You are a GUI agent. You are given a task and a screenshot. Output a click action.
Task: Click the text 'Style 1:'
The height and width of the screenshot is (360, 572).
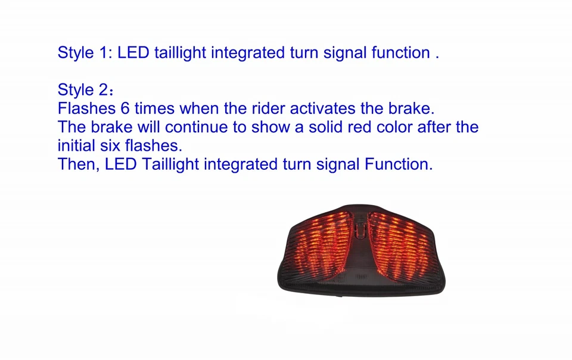tap(85, 53)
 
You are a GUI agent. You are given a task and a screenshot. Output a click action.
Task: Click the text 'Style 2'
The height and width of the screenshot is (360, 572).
tap(83, 90)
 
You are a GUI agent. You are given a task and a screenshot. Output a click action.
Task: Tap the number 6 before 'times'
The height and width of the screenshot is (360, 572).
tap(125, 108)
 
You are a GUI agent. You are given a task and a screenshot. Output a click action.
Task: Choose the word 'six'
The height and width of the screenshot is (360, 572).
tap(110, 145)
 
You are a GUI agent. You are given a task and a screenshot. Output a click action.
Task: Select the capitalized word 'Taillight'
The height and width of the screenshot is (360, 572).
tap(170, 164)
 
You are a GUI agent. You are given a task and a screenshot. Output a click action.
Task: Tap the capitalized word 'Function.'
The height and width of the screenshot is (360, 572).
tap(399, 164)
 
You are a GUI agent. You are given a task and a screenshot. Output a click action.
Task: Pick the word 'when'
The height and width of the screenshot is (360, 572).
tap(199, 108)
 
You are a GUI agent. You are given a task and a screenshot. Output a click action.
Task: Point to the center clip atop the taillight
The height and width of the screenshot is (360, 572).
tap(360, 228)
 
